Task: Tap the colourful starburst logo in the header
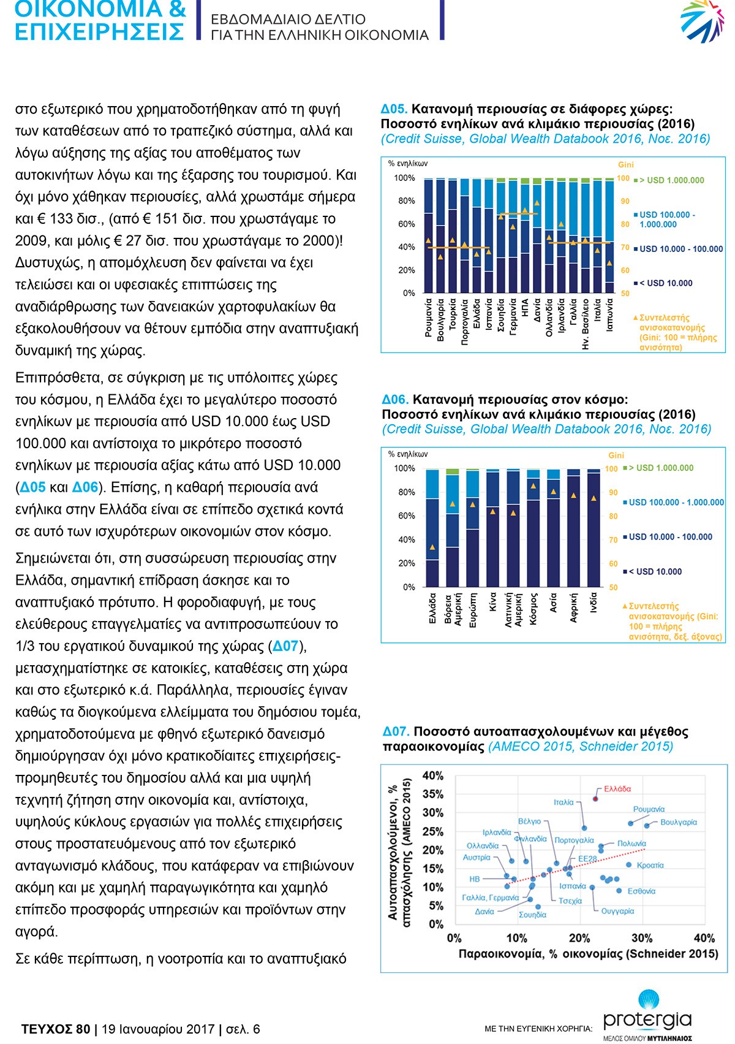pyautogui.click(x=702, y=21)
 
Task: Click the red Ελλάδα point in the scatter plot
pyautogui.click(x=595, y=799)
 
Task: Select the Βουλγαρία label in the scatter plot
pyautogui.click(x=678, y=822)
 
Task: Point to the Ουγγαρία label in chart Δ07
pyautogui.click(x=617, y=911)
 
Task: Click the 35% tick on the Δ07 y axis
pyautogui.click(x=432, y=794)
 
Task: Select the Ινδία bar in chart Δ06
pyautogui.click(x=594, y=528)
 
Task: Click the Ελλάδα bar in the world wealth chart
pyautogui.click(x=432, y=528)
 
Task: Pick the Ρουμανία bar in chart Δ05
pyautogui.click(x=428, y=235)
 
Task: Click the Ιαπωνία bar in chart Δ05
pyautogui.click(x=609, y=235)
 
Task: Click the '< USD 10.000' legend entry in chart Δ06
pyautogui.click(x=652, y=571)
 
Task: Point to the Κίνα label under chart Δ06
pyautogui.click(x=493, y=601)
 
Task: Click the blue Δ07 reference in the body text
pyautogui.click(x=285, y=646)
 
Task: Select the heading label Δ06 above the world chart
pyautogui.click(x=395, y=400)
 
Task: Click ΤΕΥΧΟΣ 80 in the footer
pyautogui.click(x=55, y=1029)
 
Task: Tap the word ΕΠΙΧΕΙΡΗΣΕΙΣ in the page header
pyautogui.click(x=99, y=32)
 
